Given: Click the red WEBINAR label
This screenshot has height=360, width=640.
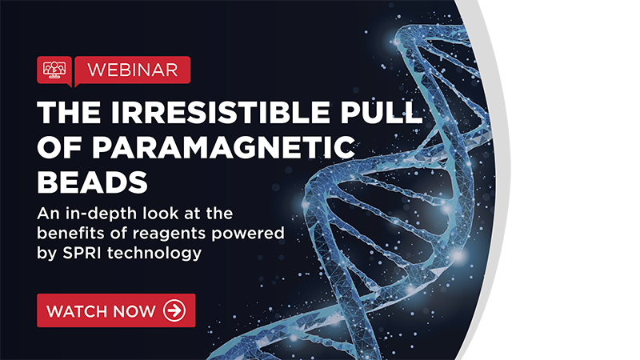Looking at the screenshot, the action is pos(133,70).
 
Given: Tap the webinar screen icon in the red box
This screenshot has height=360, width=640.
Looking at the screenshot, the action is pos(54,70).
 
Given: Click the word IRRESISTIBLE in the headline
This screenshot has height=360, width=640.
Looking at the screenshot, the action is pos(220,112).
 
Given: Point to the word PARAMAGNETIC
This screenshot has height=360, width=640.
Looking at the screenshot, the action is pos(223,147).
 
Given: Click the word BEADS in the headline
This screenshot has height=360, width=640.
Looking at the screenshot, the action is pos(92,182).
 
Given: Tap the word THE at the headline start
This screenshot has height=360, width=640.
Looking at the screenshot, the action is pos(69,112).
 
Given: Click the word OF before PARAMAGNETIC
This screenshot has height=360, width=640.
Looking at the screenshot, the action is pos(59,147).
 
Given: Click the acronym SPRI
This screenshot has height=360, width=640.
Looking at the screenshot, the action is pos(82,253).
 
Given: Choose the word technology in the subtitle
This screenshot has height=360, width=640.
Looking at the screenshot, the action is pos(154,254).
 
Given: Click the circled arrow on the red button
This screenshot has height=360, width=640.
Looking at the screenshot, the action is pos(174,310).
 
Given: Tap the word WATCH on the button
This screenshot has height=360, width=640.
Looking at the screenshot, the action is pos(77,311).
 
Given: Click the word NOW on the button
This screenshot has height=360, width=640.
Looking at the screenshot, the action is pos(134,311).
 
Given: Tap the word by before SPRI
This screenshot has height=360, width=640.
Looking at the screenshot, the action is pos(47,254).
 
